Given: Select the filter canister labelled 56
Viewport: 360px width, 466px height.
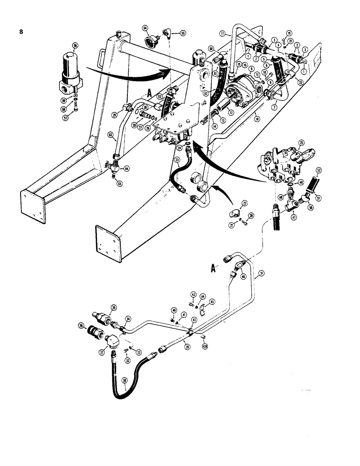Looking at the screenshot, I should tap(69, 70).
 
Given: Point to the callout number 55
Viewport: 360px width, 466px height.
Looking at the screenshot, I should tap(182, 34).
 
